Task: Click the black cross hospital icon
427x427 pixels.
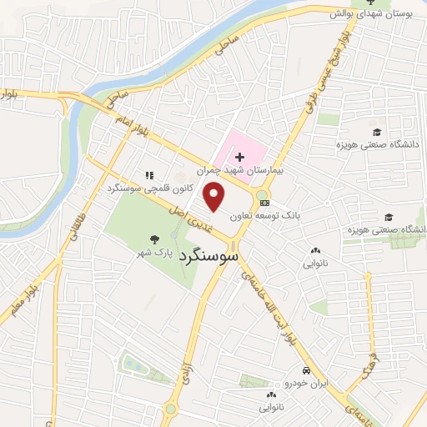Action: (240, 157)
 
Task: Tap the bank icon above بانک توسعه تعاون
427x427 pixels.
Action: (265, 202)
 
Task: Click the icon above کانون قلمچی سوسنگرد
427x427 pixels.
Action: (149, 175)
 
